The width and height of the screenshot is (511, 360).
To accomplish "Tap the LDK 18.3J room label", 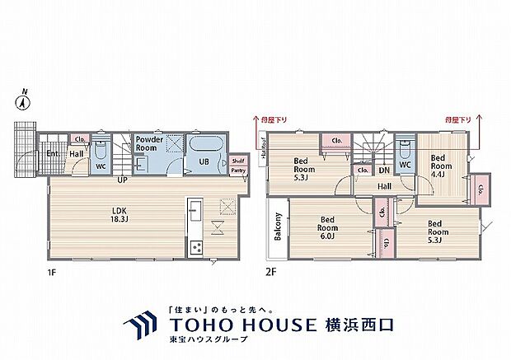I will point(120,213).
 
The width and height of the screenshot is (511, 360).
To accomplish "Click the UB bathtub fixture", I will point(204,148).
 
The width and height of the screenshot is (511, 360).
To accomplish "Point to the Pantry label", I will point(238,170).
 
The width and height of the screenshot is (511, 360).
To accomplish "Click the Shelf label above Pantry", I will point(238,160).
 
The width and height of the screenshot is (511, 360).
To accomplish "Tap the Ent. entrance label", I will point(53,153).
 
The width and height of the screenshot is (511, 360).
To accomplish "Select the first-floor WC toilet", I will point(101,151).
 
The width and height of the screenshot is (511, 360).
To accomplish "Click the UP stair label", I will point(121,179).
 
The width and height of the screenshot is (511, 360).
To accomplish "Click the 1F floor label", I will point(53,269).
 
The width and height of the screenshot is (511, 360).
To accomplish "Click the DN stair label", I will point(383,171).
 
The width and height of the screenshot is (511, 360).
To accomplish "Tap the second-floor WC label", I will point(406,165).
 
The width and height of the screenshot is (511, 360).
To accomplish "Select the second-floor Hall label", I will point(384,186).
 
